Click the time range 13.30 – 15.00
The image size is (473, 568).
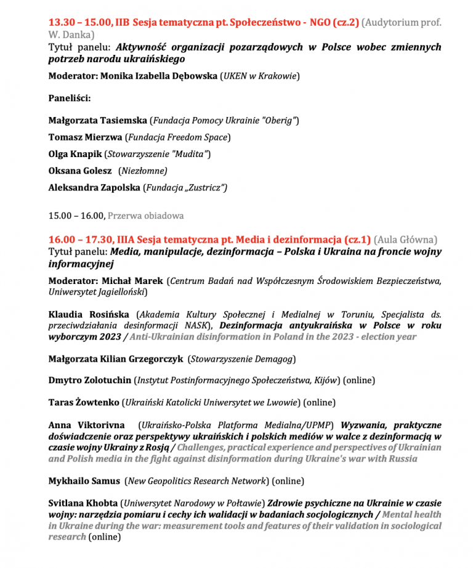pyautogui.click(x=79, y=23)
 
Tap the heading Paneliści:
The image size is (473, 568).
pyautogui.click(x=70, y=98)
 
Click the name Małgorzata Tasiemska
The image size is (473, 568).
pyautogui.click(x=98, y=121)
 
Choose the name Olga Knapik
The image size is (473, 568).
pyautogui.click(x=75, y=154)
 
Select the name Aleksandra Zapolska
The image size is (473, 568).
pyautogui.click(x=94, y=187)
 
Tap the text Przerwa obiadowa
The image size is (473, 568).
pyautogui.click(x=146, y=216)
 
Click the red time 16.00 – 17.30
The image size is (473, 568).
pyautogui.click(x=79, y=239)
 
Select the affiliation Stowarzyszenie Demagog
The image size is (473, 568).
pyautogui.click(x=241, y=359)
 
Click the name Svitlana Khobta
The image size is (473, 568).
pyautogui.click(x=83, y=503)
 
